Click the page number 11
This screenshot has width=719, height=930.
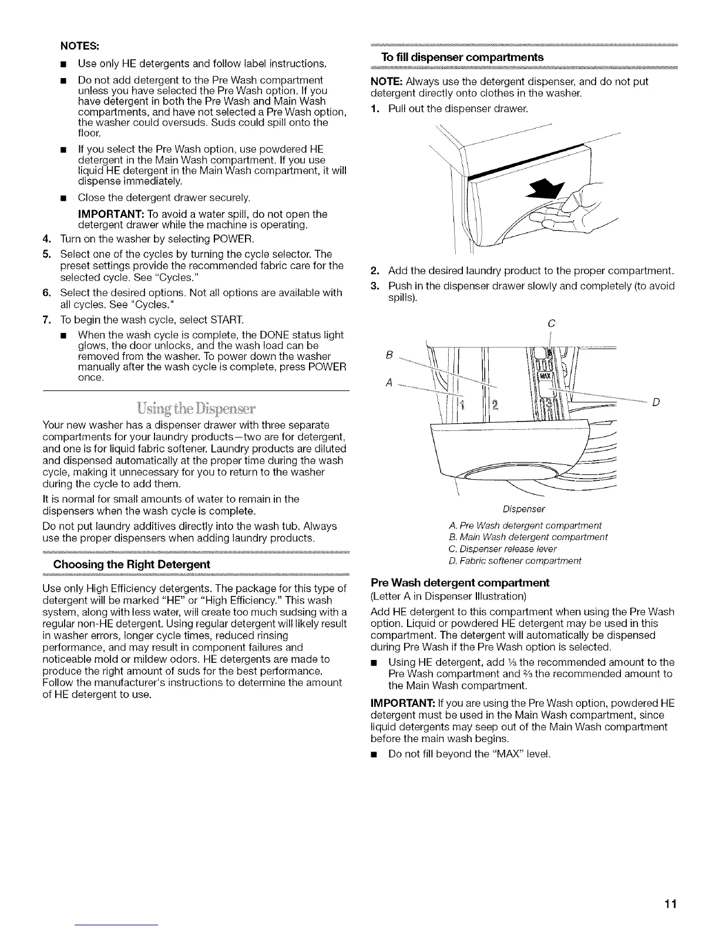(x=671, y=904)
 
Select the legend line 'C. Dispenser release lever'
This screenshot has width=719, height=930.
(x=502, y=549)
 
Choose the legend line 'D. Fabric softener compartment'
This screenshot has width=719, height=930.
(x=515, y=561)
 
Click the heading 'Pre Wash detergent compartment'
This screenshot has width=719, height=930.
(x=460, y=583)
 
